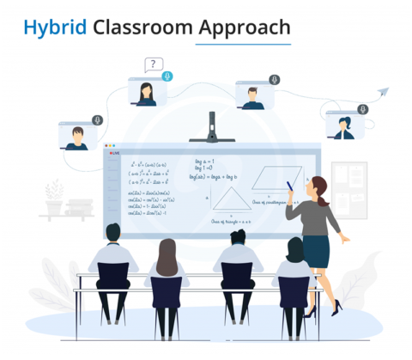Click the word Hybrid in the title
pos(55,28)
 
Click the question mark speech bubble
pos(154,64)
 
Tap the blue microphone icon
pos(167,76)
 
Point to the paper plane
pos(383,92)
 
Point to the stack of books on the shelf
pos(79,207)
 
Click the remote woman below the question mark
pos(146,93)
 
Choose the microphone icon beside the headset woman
pos(363,109)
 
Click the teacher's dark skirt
pos(317,251)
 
